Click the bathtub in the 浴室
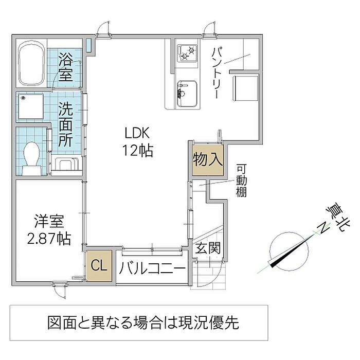[x=32, y=63]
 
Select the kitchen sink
[x=187, y=94]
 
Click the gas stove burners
[x=188, y=53]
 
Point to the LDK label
[x=137, y=133]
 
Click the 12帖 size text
[x=137, y=151]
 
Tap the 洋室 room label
[x=49, y=221]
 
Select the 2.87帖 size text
[x=49, y=239]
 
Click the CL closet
[x=99, y=266]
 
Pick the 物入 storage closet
[x=208, y=159]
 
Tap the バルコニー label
[x=152, y=268]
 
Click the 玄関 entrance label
[x=208, y=248]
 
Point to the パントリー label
[x=217, y=73]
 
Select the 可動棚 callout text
[x=241, y=181]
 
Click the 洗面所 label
[x=65, y=124]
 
